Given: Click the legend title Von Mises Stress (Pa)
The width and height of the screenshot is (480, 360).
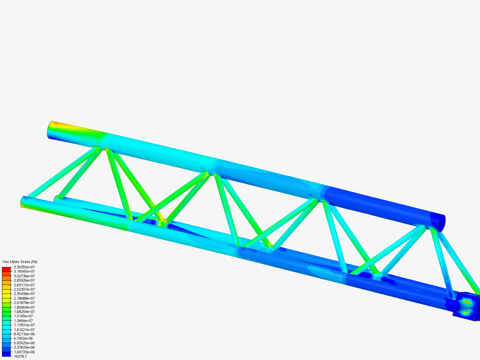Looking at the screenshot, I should point(20,262).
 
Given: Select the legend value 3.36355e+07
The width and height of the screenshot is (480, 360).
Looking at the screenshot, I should point(24,267).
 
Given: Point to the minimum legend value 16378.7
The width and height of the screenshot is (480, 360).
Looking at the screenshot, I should point(20,356).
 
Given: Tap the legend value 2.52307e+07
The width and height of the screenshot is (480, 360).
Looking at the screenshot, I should point(24,289).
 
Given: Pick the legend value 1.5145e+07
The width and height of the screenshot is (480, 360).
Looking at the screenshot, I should point(23,316).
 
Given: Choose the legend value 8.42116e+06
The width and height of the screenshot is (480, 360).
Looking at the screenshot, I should point(24,334).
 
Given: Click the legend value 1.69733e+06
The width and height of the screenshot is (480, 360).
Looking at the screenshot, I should point(24,352).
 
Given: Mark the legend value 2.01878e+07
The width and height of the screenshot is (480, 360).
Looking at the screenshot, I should point(24,303).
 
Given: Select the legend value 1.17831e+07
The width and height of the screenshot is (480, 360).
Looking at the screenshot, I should point(24,325).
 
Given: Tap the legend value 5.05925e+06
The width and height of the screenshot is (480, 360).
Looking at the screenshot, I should point(24,343).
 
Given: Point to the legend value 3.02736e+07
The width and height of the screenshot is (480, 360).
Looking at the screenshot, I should point(24,276).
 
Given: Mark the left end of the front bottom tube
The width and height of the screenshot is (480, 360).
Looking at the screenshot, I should point(24,202).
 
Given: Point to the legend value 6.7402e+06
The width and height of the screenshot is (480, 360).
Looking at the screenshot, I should point(23,338).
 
